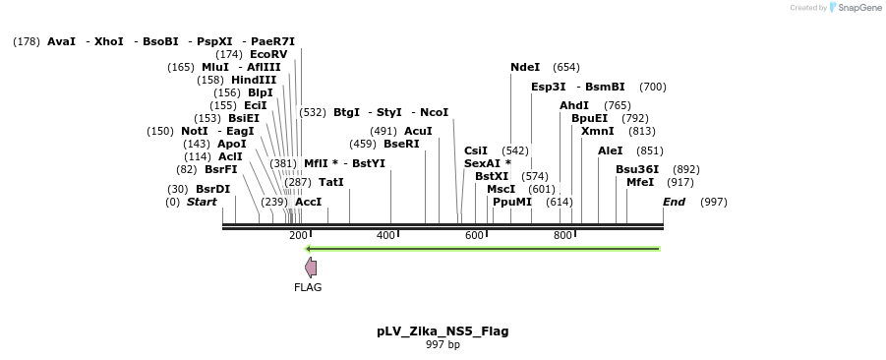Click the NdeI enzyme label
[525, 67]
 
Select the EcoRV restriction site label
[268, 54]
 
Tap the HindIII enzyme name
[254, 80]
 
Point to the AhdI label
[574, 105]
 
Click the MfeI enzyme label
[640, 182]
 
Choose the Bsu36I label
[637, 169]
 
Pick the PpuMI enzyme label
[512, 202]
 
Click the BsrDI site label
[212, 189]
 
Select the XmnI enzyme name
[597, 131]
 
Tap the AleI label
[611, 150]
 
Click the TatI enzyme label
[331, 182]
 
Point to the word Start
[202, 202]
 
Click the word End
[674, 202]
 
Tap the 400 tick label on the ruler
[385, 236]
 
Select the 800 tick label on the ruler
[562, 236]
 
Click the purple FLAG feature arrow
[311, 268]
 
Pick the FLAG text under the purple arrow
[308, 287]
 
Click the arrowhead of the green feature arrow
[311, 248]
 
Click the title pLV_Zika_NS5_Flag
[443, 331]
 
